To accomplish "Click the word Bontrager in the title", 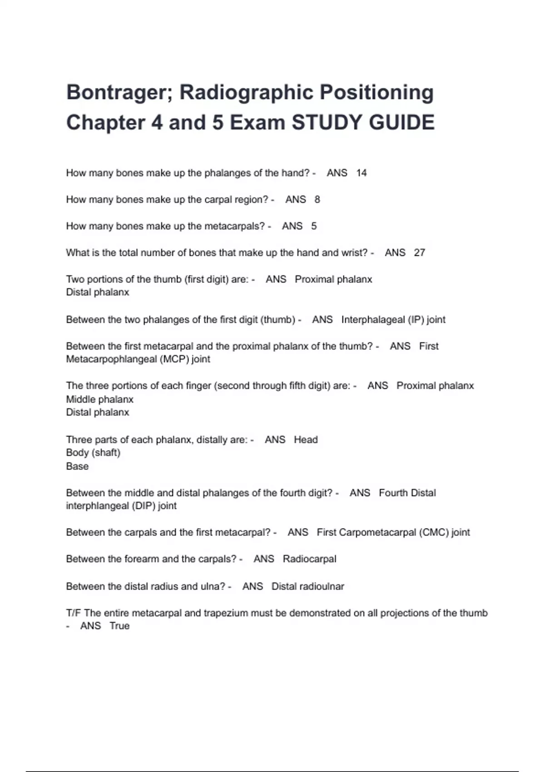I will click(x=115, y=92).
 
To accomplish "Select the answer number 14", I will click(x=362, y=173).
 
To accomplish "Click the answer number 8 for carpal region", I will click(x=317, y=199).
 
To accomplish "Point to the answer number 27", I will click(x=419, y=252).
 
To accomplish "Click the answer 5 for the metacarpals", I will click(x=314, y=226).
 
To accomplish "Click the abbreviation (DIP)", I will click(x=143, y=506).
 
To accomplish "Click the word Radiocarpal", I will click(x=309, y=559).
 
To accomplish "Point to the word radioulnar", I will click(x=321, y=586).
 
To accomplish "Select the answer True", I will click(x=119, y=626).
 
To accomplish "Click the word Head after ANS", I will click(x=306, y=440).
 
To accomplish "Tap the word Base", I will click(x=77, y=466).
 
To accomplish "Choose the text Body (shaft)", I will click(x=93, y=453).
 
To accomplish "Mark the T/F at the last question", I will click(x=74, y=613).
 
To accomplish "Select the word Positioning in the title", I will click(x=377, y=92).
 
